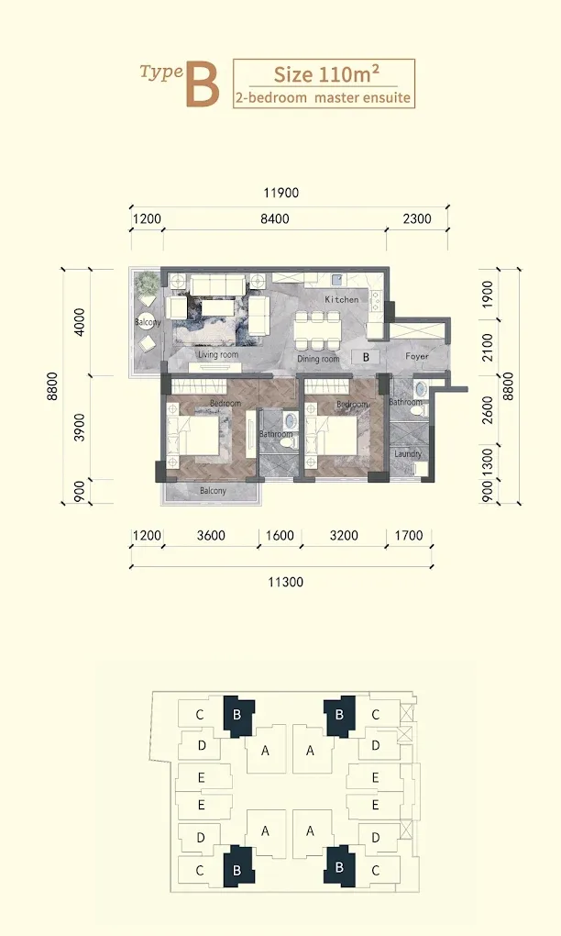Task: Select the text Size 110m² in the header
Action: pyautogui.click(x=326, y=74)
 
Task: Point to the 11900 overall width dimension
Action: pyautogui.click(x=281, y=193)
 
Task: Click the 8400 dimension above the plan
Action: pyautogui.click(x=275, y=218)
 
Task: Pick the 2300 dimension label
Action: pyautogui.click(x=417, y=218)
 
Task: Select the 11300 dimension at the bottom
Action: pyautogui.click(x=286, y=582)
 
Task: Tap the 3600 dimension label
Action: pyautogui.click(x=211, y=535)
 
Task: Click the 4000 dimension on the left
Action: pyautogui.click(x=79, y=322)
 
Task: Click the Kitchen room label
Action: pyautogui.click(x=342, y=299)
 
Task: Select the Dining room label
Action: pyautogui.click(x=318, y=359)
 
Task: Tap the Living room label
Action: pyautogui.click(x=218, y=354)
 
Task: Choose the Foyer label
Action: pyautogui.click(x=417, y=356)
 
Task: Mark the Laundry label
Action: pyautogui.click(x=408, y=453)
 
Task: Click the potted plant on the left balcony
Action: pyautogui.click(x=146, y=284)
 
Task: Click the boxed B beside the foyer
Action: pyautogui.click(x=366, y=357)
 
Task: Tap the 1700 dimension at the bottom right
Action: pyautogui.click(x=409, y=535)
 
